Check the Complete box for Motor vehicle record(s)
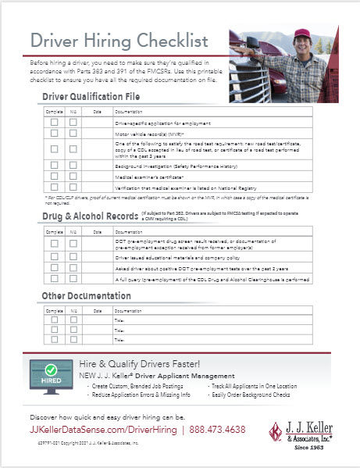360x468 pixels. point(55,134)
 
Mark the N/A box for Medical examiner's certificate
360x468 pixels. point(73,176)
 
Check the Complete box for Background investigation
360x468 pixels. point(55,166)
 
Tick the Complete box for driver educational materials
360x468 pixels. point(55,256)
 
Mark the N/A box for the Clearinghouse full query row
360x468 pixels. point(73,279)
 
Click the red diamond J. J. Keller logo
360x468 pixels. point(276,431)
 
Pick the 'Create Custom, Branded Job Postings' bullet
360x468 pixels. point(139,386)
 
